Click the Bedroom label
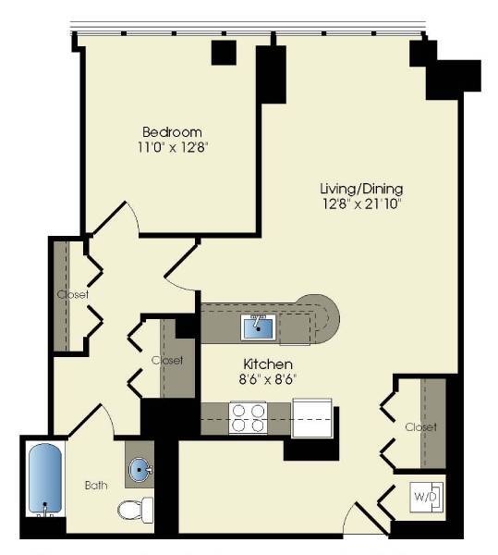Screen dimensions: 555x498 [172, 131]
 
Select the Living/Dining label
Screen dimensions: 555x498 [357, 188]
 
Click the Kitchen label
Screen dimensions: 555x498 [268, 364]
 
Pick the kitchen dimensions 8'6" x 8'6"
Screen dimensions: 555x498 [268, 378]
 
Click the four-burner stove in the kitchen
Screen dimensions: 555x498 [247, 417]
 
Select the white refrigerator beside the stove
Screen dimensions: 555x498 [310, 417]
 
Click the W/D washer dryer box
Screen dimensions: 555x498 [426, 498]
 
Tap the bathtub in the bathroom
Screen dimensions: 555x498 [43, 482]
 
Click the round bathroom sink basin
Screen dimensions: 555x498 [140, 471]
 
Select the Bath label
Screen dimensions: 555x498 [97, 484]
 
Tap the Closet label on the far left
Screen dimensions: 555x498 [72, 295]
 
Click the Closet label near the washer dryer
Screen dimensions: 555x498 [419, 426]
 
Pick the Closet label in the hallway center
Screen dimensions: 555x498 [167, 360]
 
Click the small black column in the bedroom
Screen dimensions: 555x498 [224, 53]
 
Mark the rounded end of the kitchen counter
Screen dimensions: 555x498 [325, 320]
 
